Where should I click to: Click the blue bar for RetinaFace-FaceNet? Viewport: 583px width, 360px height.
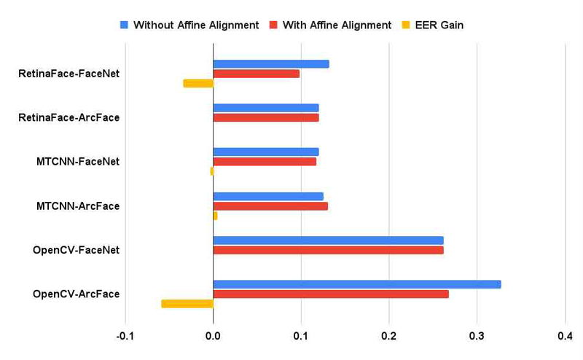[271, 64]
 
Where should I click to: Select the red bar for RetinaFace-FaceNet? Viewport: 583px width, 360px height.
[257, 74]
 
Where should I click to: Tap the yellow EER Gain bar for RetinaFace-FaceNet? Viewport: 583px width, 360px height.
[198, 83]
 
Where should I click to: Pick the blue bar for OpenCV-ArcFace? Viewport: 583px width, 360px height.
[357, 284]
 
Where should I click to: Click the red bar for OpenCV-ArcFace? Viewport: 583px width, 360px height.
[331, 294]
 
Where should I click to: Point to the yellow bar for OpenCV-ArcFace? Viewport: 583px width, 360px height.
[187, 304]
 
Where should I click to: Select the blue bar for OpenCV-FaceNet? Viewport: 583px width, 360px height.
[329, 240]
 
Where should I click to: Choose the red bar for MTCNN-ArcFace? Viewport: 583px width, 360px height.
[270, 206]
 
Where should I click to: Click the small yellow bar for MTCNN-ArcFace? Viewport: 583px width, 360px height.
[215, 216]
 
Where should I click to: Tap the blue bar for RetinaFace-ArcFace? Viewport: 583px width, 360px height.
[266, 108]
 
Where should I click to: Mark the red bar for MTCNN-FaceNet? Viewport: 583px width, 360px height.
[265, 161]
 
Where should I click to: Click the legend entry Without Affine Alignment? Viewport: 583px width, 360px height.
[189, 25]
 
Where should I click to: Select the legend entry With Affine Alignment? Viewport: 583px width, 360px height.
[331, 25]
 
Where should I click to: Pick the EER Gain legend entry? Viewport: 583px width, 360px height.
[433, 25]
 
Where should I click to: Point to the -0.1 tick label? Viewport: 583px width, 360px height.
[125, 336]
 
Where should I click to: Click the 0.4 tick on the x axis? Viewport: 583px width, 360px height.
[566, 336]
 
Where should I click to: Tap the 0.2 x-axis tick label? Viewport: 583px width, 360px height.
[389, 336]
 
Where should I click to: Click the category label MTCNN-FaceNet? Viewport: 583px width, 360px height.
[78, 162]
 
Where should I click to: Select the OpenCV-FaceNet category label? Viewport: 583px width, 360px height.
[77, 250]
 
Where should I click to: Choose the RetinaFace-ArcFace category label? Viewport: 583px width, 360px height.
[69, 117]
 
